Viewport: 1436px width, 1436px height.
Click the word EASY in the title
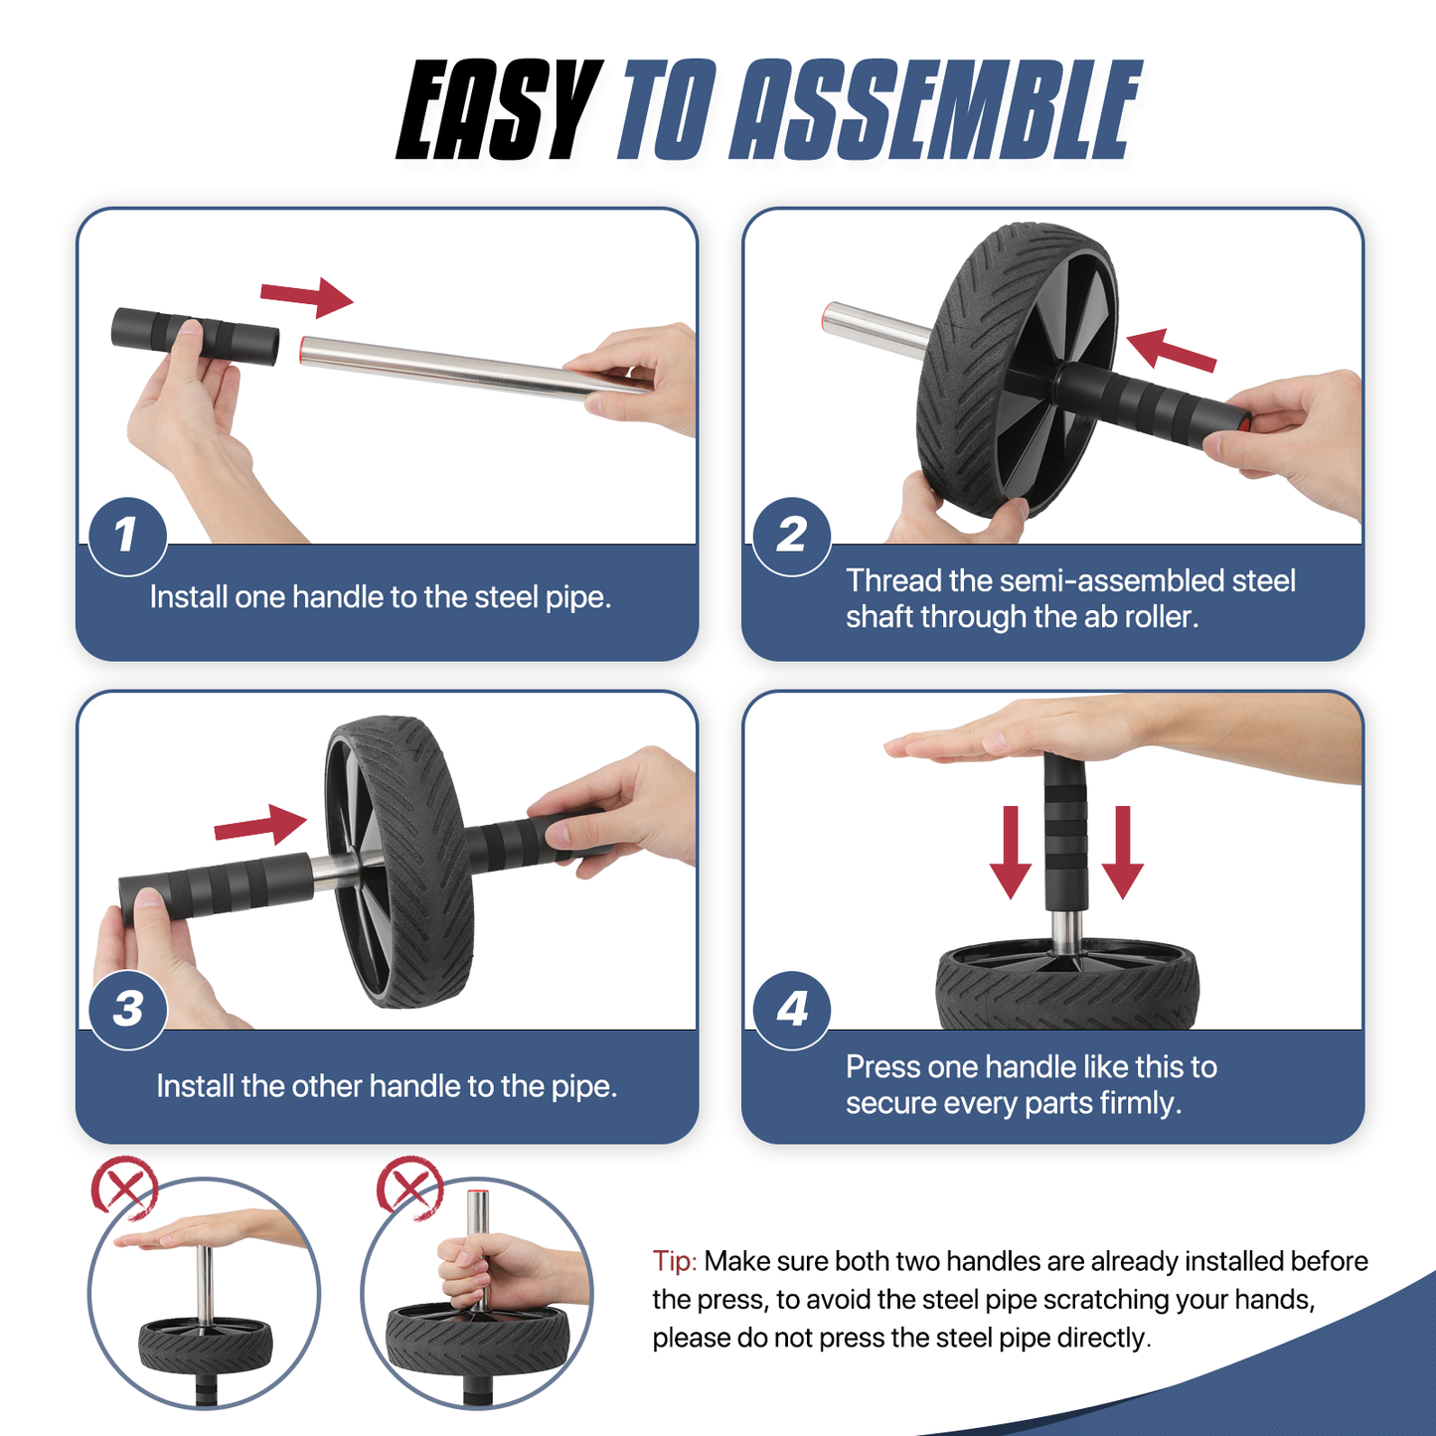coord(498,110)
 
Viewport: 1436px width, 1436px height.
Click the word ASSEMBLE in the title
coord(935,110)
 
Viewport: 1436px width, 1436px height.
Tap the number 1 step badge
coord(127,536)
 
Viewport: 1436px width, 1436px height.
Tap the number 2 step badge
coord(791,536)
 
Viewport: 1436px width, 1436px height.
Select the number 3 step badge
coord(127,1010)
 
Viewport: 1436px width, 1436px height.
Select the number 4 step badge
coord(791,1010)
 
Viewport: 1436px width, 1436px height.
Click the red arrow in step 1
coord(307,296)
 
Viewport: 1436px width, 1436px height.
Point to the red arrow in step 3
coord(260,825)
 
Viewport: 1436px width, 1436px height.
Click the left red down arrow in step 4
coord(1011,852)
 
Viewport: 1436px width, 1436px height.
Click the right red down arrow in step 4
coord(1122,852)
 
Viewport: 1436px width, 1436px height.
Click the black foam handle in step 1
coord(195,336)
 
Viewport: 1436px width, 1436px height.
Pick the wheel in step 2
coord(1018,371)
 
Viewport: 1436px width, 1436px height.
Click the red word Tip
coord(675,1262)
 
